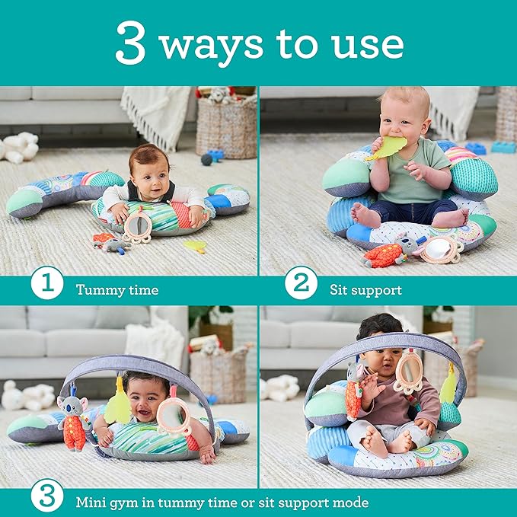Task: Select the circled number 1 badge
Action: pos(47,289)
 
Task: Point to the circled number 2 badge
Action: pos(301,289)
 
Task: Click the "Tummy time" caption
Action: pos(117,290)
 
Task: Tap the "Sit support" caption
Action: pos(365,290)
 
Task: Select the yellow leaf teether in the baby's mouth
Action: pos(388,147)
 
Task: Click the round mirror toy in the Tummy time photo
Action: pos(138,225)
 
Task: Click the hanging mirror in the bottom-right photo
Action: pos(409,372)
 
